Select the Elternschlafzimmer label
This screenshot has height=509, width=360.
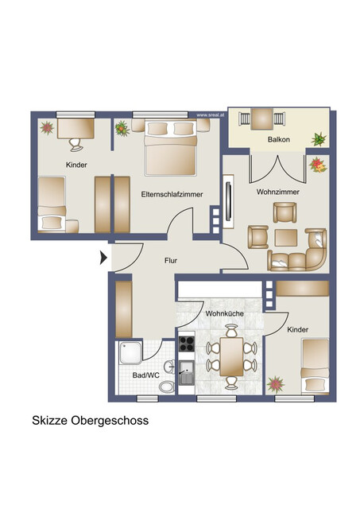pos(172,193)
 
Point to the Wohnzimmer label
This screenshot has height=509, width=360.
pos(277,192)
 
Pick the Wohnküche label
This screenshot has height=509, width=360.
pos(224,314)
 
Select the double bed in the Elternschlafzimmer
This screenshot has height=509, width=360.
pos(172,149)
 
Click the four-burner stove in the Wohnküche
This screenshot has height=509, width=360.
pos(187,344)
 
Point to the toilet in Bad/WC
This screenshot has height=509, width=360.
pos(167,386)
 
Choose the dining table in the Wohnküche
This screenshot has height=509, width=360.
pos(232,356)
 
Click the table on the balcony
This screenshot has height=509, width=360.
pos(263,119)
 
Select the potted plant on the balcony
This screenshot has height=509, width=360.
pos(319,139)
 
